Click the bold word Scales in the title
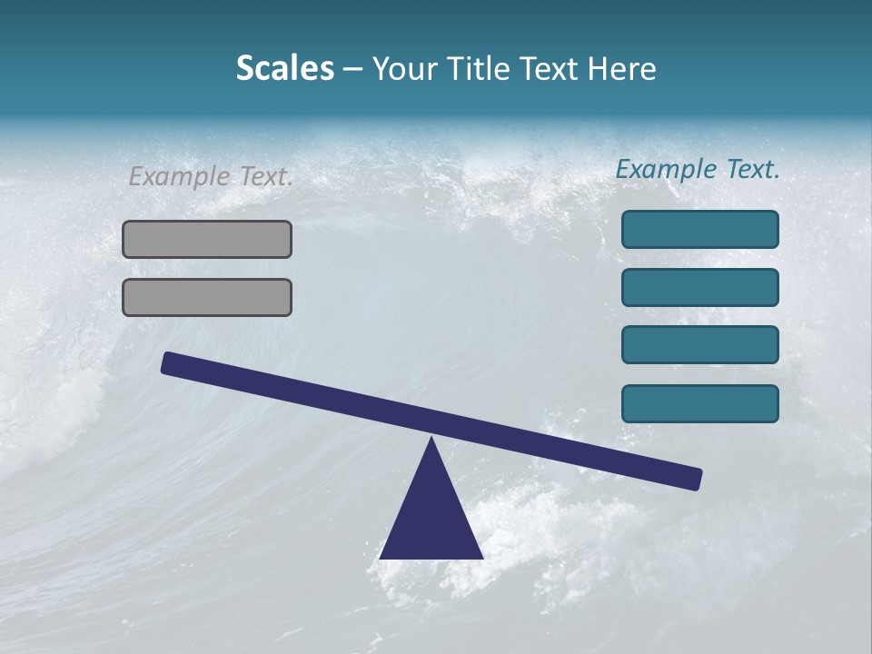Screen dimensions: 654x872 click(284, 69)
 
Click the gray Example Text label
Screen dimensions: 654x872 click(211, 176)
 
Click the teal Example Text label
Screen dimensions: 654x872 click(698, 169)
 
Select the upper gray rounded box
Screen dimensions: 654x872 click(207, 239)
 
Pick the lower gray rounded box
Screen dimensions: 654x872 click(207, 297)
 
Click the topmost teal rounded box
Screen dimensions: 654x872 click(699, 229)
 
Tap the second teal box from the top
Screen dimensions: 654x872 click(699, 287)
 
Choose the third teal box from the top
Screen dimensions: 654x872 click(699, 345)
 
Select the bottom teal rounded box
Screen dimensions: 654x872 click(699, 403)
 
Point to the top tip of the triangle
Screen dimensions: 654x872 click(431, 439)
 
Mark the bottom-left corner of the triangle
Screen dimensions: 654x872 click(381, 558)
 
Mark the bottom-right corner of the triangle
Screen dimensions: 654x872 click(482, 558)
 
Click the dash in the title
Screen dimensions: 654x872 click(352, 70)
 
